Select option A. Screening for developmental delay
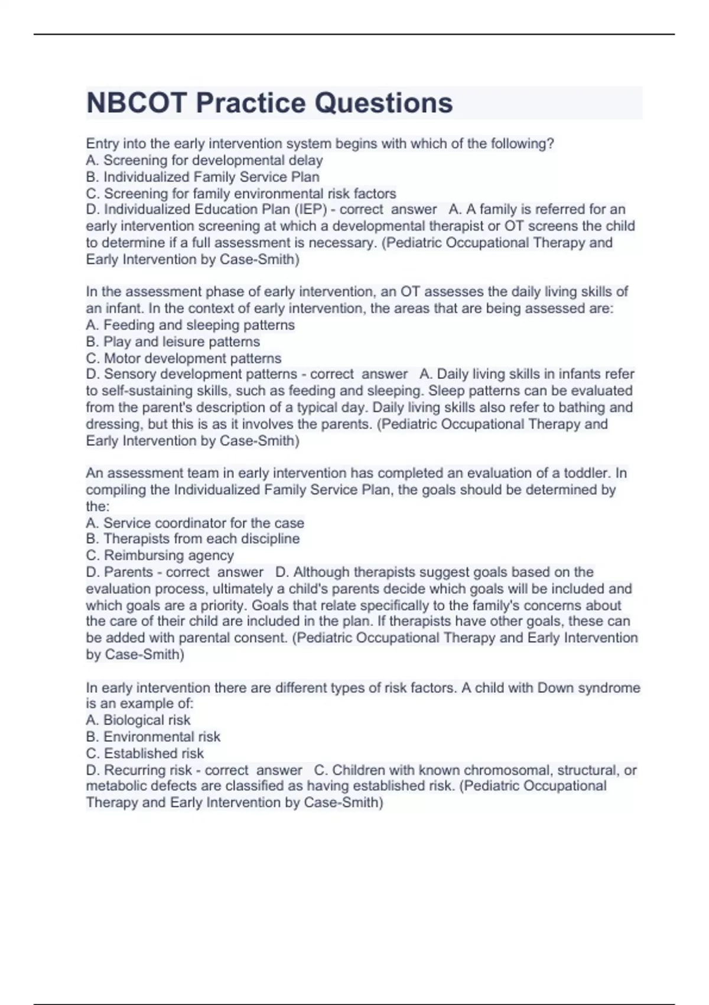[x=204, y=160]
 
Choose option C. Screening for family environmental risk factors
[x=241, y=193]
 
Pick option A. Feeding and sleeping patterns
[x=190, y=325]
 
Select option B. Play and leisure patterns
[x=173, y=341]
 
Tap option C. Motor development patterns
[x=184, y=358]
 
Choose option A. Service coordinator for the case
[x=195, y=523]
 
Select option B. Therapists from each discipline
[x=193, y=539]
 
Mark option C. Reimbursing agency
[x=160, y=555]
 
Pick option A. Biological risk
[x=138, y=720]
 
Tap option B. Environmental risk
[x=153, y=737]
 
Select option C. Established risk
[x=145, y=753]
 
